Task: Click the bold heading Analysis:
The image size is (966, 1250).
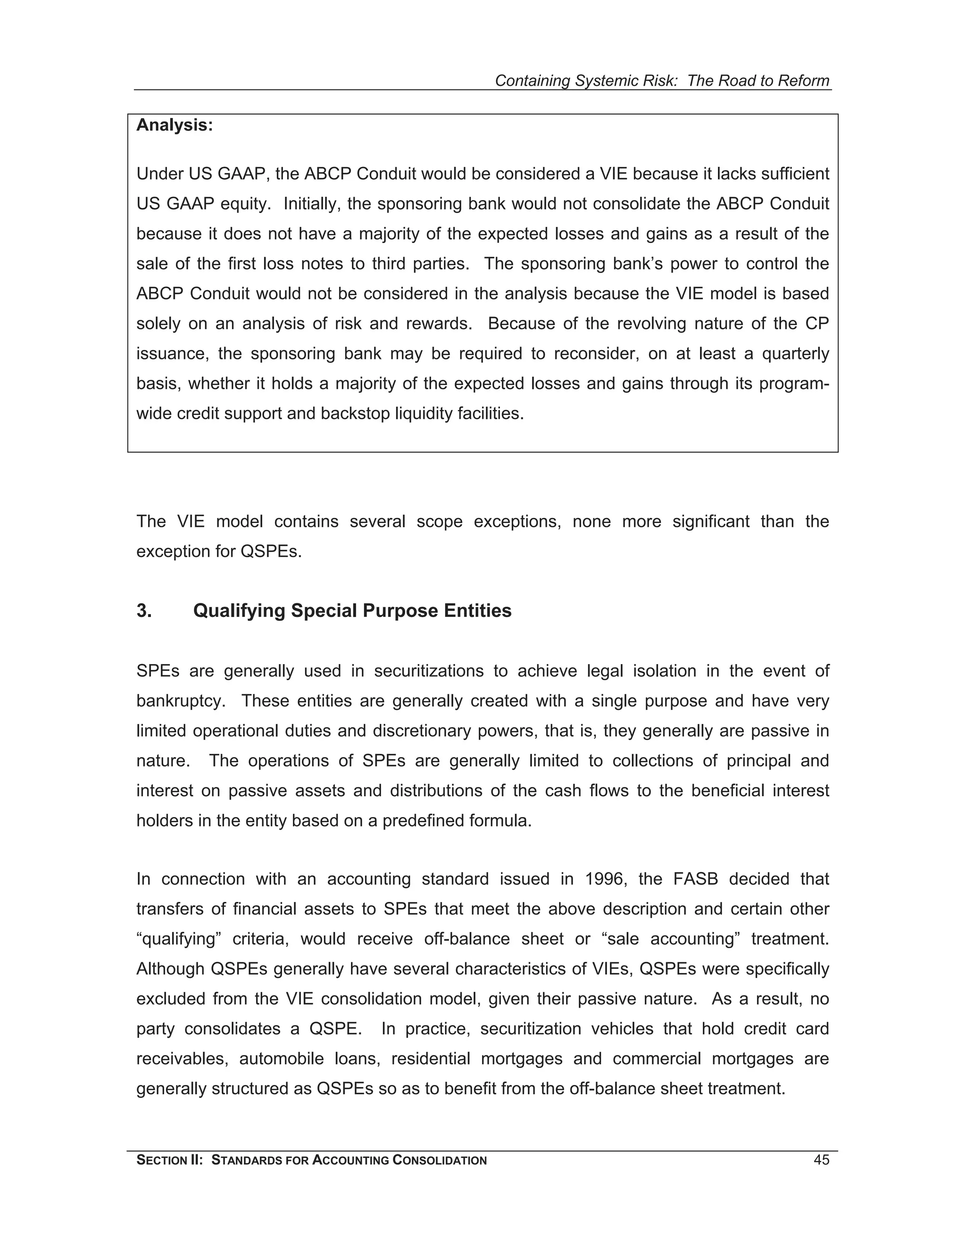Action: (175, 125)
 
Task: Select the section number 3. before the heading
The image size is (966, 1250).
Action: (144, 611)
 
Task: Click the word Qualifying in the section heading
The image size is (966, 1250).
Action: (239, 611)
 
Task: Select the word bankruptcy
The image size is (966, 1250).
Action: (179, 700)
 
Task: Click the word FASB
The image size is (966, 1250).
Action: (695, 879)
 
